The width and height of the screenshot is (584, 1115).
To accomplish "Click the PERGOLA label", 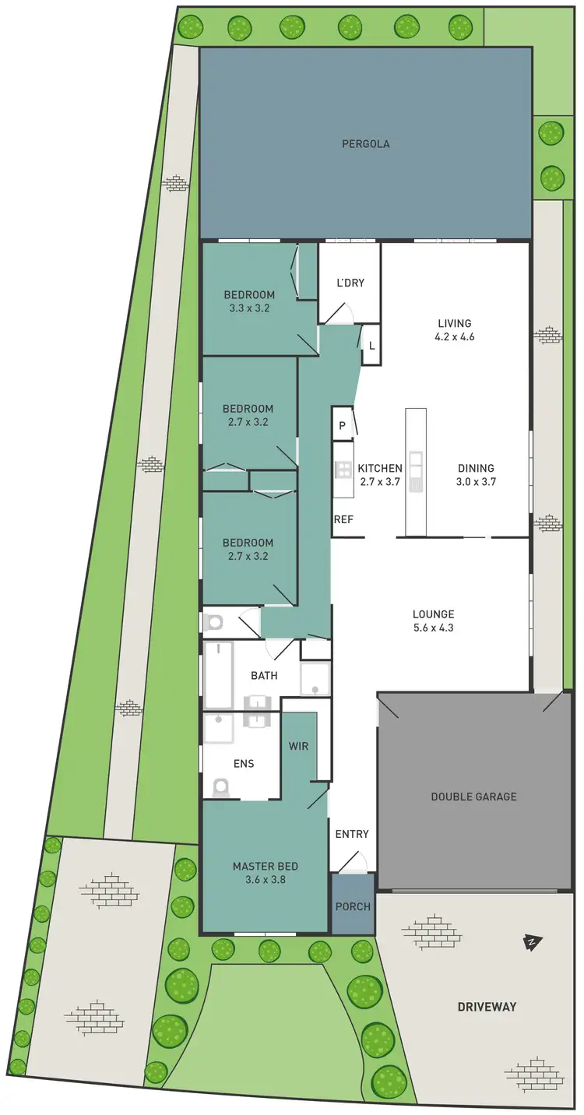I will click(365, 144).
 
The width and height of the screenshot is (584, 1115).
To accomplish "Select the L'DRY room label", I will click(350, 283).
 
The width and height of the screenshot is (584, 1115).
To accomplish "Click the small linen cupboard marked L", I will click(371, 345).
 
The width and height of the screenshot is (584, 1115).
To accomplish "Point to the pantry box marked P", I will click(342, 426).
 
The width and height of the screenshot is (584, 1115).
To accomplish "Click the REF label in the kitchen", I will click(343, 519).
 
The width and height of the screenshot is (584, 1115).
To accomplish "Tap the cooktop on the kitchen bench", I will click(343, 469).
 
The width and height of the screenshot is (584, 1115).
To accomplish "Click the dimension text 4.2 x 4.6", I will click(455, 337).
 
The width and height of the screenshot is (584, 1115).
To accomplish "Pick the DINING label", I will click(475, 468).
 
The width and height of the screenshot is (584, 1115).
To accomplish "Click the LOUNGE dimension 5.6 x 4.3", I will click(434, 627).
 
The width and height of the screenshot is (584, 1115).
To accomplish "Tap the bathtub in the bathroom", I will click(219, 674).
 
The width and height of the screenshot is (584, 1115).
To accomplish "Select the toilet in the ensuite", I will click(220, 786).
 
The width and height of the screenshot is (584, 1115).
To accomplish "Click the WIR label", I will click(298, 746).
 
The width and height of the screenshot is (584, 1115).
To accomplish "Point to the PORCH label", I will click(353, 906).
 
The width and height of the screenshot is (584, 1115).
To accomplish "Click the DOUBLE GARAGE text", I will click(473, 797).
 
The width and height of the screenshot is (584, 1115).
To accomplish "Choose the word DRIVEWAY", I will click(486, 1007).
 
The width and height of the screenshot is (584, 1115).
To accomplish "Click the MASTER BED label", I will click(265, 866).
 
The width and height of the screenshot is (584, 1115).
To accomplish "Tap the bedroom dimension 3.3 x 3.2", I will click(249, 308).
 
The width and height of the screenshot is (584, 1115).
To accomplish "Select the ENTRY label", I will click(352, 834).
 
